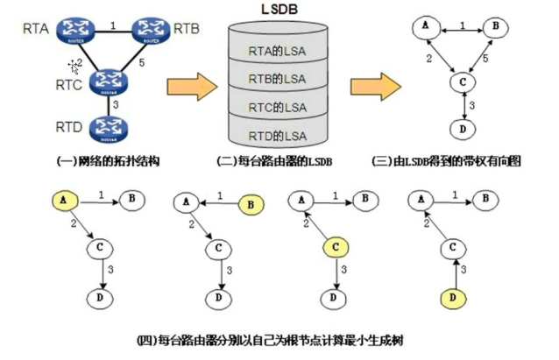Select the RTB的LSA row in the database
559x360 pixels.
277,79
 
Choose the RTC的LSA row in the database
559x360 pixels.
277,108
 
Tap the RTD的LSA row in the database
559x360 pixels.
277,136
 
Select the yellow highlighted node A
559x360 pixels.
61,201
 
